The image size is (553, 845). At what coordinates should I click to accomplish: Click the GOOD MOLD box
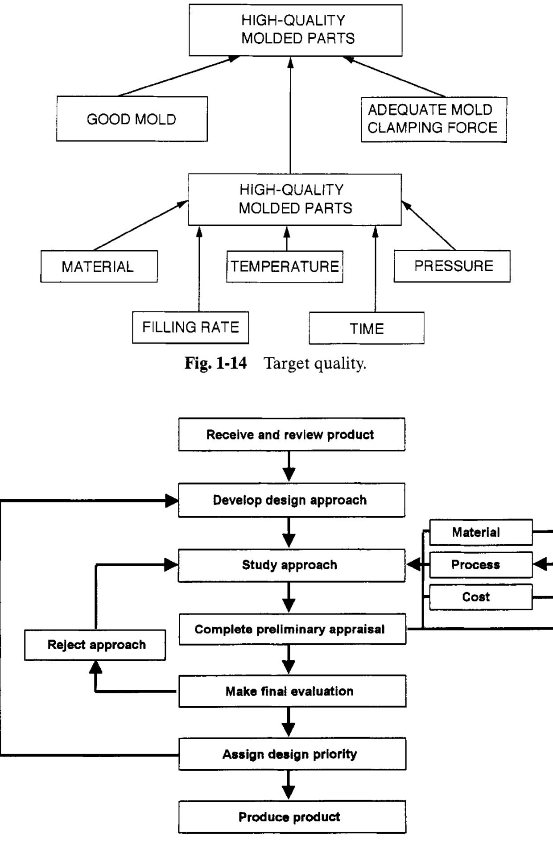click(x=132, y=119)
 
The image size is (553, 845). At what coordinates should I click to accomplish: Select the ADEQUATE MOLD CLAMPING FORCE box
click(x=433, y=120)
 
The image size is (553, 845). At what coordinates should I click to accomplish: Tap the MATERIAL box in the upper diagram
click(x=99, y=266)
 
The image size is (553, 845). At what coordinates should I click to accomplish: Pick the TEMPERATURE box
click(x=285, y=266)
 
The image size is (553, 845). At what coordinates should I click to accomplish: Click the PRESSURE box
click(x=452, y=266)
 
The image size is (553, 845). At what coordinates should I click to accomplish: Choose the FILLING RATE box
click(x=190, y=327)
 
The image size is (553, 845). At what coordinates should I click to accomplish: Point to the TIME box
click(x=366, y=328)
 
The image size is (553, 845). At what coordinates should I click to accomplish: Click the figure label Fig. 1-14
click(x=215, y=363)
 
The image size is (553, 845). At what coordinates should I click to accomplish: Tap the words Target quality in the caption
click(x=315, y=364)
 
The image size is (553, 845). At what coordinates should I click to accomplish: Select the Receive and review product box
click(x=291, y=435)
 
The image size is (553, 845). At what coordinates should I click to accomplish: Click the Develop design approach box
click(x=291, y=500)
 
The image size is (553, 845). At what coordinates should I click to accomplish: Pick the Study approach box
click(x=291, y=565)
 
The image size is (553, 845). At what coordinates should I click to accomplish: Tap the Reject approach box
click(x=95, y=645)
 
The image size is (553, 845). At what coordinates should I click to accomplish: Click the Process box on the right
click(x=480, y=565)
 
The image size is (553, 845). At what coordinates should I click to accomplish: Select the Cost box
click(x=480, y=597)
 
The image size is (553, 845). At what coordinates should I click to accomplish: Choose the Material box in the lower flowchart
click(x=480, y=532)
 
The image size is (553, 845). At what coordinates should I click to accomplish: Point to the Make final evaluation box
click(x=292, y=691)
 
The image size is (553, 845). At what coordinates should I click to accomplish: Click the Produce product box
click(x=292, y=817)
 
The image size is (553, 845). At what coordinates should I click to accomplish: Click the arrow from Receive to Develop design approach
click(x=289, y=467)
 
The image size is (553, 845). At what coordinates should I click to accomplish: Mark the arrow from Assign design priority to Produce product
click(x=289, y=785)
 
